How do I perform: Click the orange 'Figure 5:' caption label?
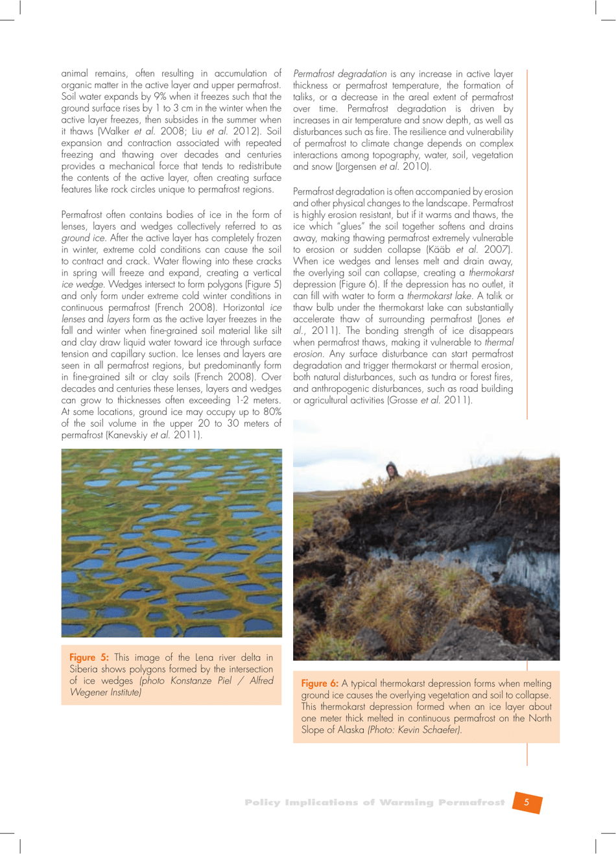click(x=89, y=658)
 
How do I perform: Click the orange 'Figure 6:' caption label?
click(x=320, y=683)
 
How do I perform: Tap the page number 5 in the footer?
click(x=527, y=802)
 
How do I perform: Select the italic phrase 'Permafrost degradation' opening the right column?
click(x=340, y=74)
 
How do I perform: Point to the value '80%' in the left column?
click(x=272, y=412)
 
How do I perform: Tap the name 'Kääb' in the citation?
click(x=441, y=250)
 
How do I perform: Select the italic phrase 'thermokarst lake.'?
click(x=440, y=296)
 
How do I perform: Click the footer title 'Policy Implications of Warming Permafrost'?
click(x=374, y=803)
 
